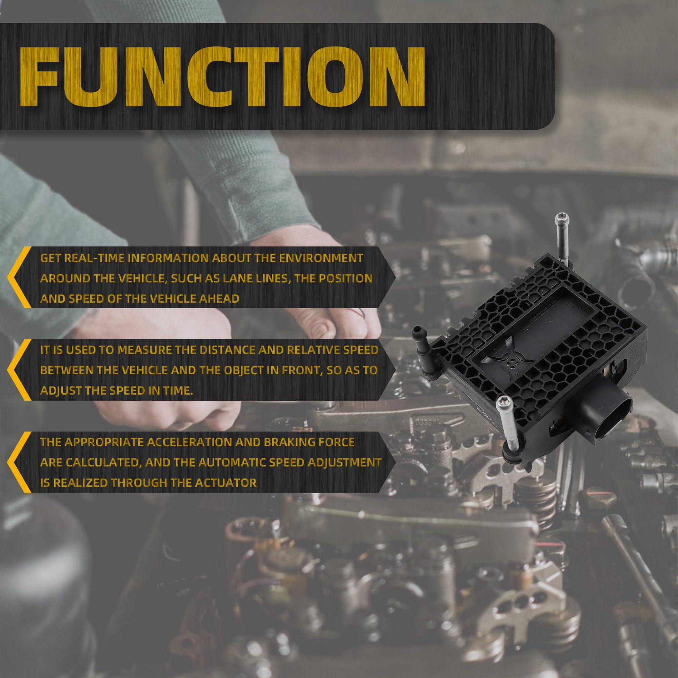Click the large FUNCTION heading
[x=222, y=76]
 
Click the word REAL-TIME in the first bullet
[x=94, y=258]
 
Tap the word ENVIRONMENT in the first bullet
[x=321, y=258]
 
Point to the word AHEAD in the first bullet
[x=219, y=299]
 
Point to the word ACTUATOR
[x=226, y=483]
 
